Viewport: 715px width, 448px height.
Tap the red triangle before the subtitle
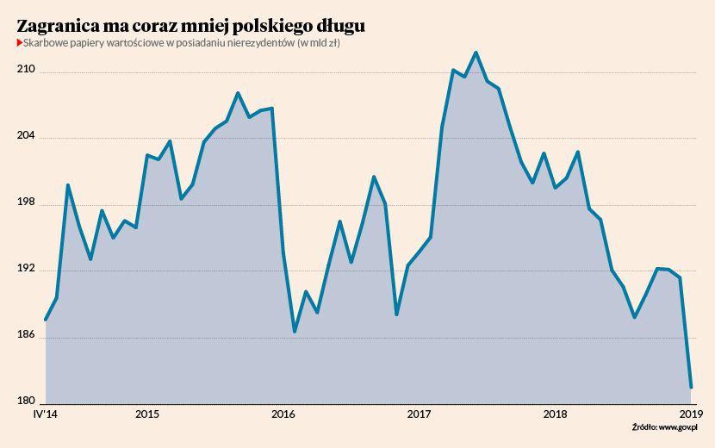click(19, 44)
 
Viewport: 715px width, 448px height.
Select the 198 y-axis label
click(28, 202)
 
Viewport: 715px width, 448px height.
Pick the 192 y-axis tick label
click(28, 269)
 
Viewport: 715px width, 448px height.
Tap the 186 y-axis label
click(28, 335)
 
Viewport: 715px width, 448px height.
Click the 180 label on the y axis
click(28, 401)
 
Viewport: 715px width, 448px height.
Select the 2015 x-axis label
click(146, 414)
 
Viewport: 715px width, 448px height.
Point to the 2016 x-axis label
click(283, 414)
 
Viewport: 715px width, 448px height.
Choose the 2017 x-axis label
click(420, 414)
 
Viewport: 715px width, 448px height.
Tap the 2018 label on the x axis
click(556, 414)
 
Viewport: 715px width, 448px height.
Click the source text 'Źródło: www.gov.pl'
click(663, 427)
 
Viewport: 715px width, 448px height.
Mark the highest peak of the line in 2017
click(476, 53)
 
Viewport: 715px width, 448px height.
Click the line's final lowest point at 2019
click(691, 388)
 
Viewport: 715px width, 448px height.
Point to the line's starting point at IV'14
click(45, 320)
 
